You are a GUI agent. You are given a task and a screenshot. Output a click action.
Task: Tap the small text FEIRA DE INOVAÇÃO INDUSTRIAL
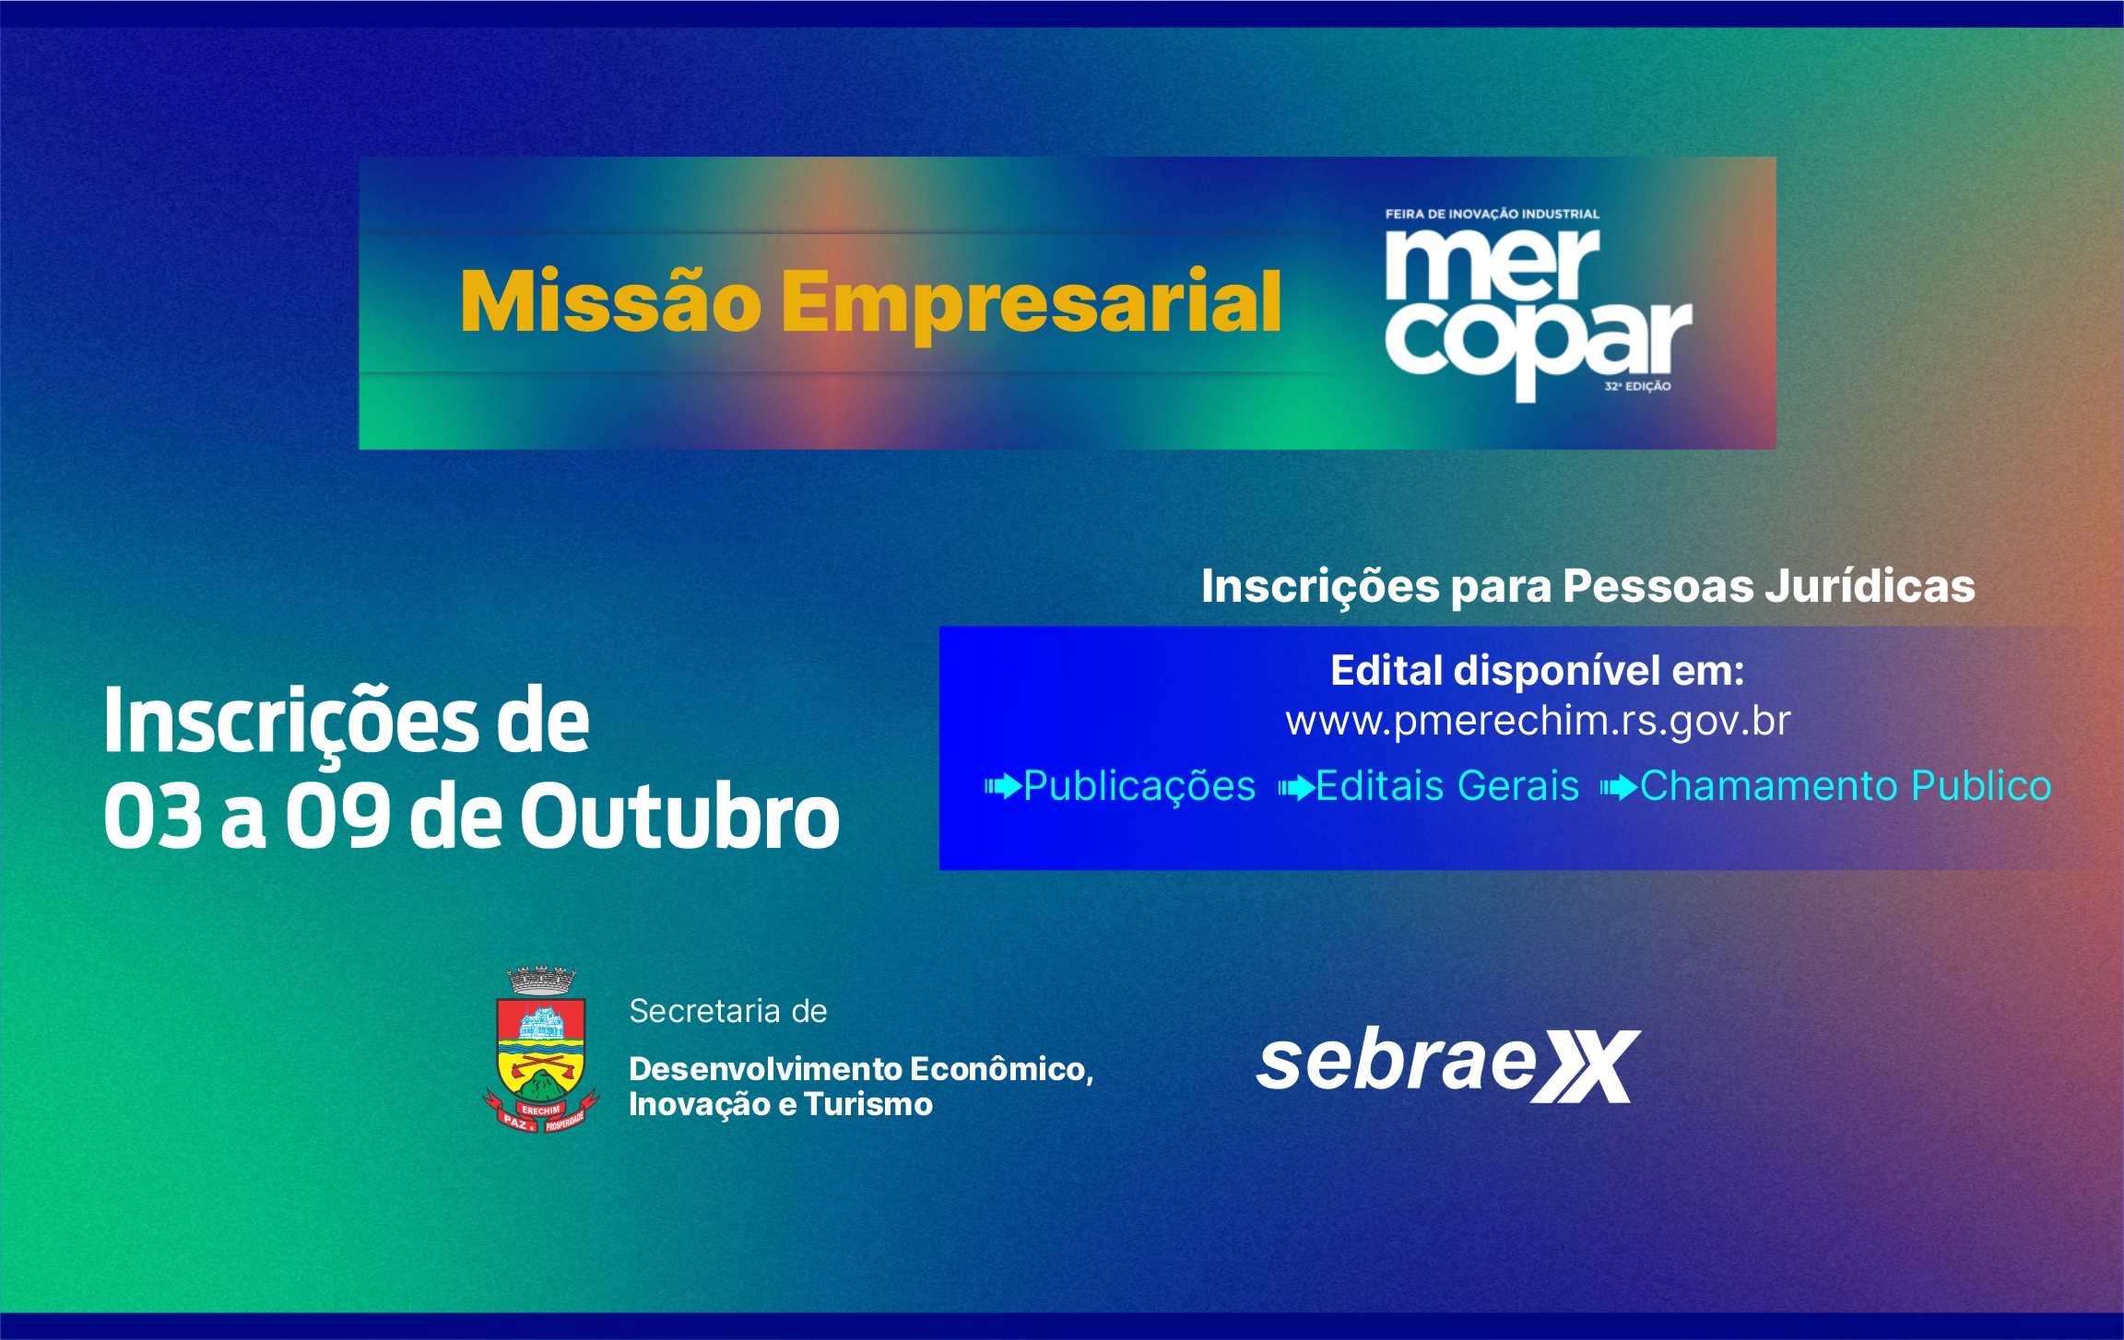[x=1492, y=214]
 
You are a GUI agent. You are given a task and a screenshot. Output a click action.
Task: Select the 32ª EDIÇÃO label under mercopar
[x=1637, y=386]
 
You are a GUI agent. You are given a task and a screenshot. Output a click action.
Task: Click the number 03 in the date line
[x=153, y=816]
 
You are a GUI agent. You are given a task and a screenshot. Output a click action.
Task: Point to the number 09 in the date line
[x=337, y=816]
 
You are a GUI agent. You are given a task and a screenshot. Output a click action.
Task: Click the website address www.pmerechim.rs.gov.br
[x=1538, y=721]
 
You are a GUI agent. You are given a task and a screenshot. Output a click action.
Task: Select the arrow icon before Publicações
[x=1003, y=787]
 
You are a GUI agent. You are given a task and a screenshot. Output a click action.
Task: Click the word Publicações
[x=1139, y=787]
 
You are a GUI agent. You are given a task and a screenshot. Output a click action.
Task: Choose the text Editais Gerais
[x=1447, y=786]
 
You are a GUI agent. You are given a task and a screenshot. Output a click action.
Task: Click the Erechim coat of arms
[x=541, y=1051]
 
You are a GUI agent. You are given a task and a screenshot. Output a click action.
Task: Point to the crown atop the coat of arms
[x=542, y=981]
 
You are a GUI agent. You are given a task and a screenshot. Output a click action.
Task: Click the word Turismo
[x=868, y=1104]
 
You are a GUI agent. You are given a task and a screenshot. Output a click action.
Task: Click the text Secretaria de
[x=728, y=1011]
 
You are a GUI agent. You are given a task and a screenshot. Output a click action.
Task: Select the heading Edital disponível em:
[x=1538, y=671]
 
